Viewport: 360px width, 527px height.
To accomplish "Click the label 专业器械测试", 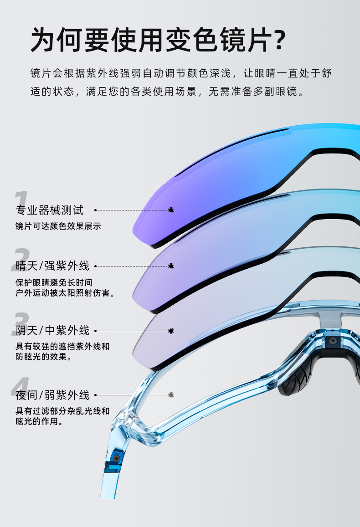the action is click(50, 210).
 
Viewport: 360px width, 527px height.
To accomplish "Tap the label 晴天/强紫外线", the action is click(52, 266).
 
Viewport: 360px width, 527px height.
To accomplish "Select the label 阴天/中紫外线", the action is click(52, 330).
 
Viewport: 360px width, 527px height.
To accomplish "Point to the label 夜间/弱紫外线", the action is click(52, 395).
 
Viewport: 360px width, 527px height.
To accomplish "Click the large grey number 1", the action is click(20, 200).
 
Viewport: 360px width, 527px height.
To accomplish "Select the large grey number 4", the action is click(21, 387).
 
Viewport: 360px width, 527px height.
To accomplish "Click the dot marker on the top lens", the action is click(171, 210).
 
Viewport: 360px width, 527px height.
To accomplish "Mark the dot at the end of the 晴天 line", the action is click(171, 266).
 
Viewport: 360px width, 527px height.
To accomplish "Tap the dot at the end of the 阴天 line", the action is click(171, 330).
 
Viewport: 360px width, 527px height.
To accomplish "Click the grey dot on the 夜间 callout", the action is click(171, 395).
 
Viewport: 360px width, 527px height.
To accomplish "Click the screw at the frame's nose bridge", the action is click(334, 340).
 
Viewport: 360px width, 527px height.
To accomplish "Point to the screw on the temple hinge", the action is click(117, 457).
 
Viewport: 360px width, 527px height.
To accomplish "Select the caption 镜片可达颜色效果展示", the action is click(58, 226).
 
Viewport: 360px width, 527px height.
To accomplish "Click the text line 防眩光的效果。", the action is click(43, 357).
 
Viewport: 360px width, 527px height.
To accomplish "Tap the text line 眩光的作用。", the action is click(39, 422).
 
